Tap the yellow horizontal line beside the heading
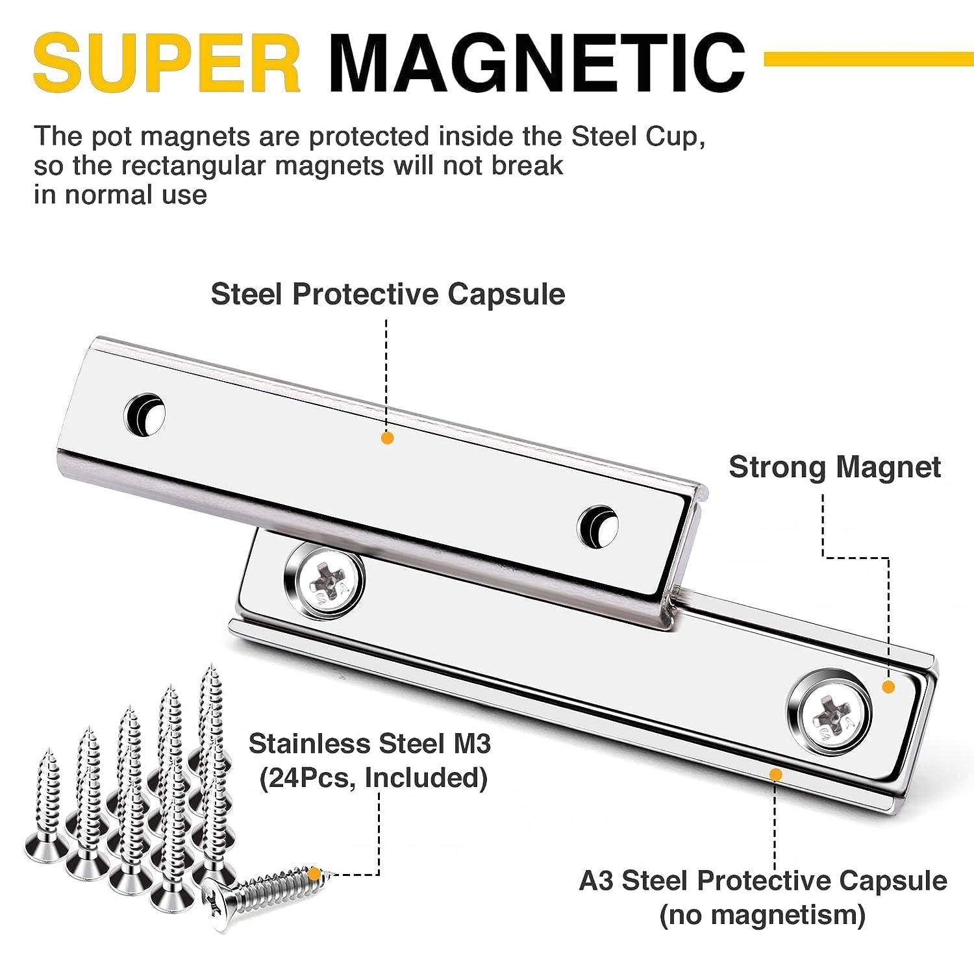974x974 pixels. coord(868,60)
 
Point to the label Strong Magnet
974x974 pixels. coord(834,467)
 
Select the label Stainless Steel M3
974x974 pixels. coord(369,743)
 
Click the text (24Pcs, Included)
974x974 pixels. coord(373,777)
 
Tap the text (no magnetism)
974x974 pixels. coord(762,915)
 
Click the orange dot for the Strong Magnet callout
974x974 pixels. coord(889,686)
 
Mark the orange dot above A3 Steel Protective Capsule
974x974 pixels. coord(775,773)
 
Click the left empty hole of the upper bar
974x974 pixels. coord(144,413)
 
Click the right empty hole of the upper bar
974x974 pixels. coord(597,523)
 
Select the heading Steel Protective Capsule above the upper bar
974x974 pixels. coord(388,294)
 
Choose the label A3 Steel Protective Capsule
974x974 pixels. coord(762,881)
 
